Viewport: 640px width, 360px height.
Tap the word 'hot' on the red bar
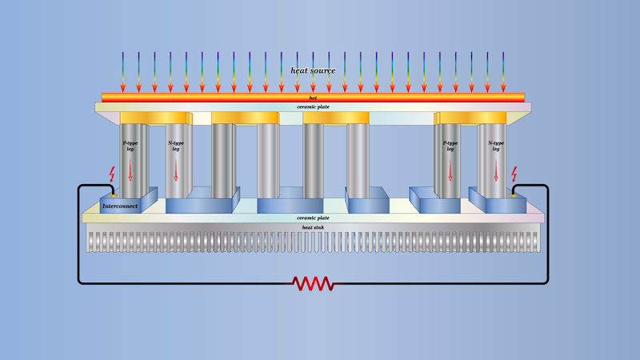point(313,98)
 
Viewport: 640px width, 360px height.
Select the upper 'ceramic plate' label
point(313,106)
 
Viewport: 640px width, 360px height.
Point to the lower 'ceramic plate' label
point(313,218)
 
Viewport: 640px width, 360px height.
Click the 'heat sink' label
point(313,227)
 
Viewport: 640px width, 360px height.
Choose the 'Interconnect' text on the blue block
point(120,206)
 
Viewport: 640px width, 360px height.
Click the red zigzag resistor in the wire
point(314,283)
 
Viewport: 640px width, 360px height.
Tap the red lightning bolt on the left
point(112,174)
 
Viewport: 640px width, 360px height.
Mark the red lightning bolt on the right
point(514,174)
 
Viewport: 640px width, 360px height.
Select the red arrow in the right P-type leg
point(450,170)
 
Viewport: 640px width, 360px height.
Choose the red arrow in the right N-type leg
point(496,170)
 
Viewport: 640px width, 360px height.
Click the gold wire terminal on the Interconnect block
point(113,194)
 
